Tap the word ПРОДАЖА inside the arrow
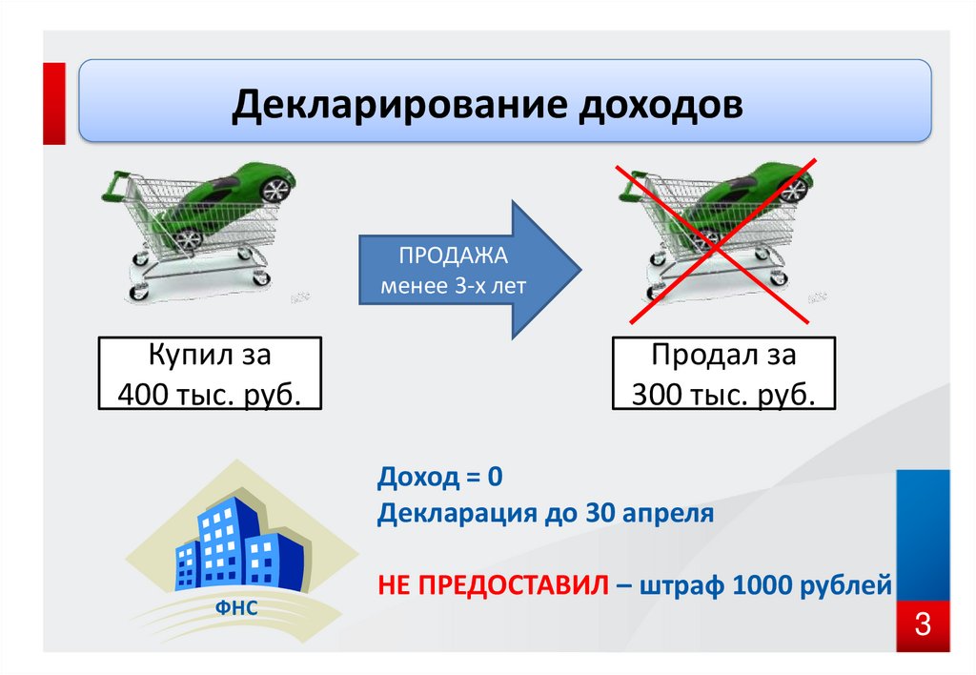[x=453, y=257]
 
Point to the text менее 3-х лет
[x=454, y=285]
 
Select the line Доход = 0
[x=437, y=476]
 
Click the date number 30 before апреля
[x=597, y=514]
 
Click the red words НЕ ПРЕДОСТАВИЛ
[x=492, y=583]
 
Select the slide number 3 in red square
[x=922, y=626]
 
